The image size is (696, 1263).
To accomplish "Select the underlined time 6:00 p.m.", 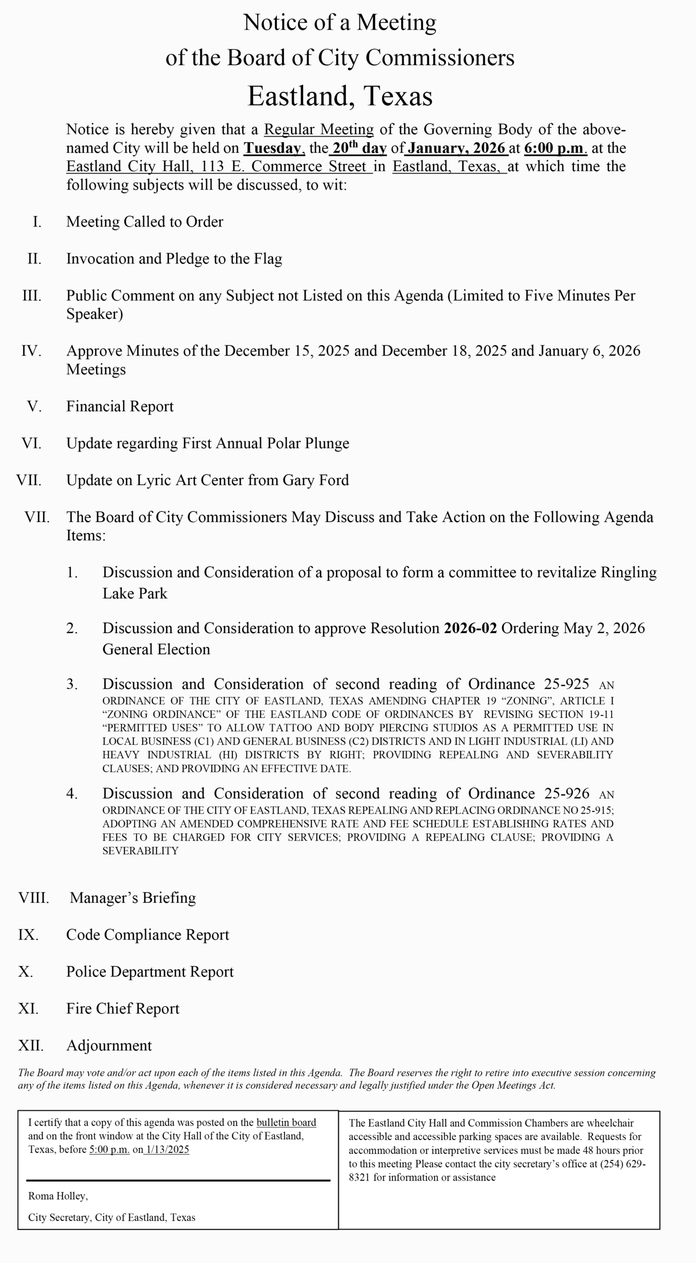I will pos(555,148).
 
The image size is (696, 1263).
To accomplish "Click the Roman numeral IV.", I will pos(31,351).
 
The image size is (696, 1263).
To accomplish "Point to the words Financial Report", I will pos(120,407).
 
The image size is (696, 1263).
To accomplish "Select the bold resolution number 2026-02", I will pos(470,628).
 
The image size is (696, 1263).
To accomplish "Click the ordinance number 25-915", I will pos(594,810).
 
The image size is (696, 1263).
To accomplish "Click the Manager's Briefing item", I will pos(132,898).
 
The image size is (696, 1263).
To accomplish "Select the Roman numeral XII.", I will pos(31,1045).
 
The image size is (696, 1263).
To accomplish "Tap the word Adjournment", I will pos(109,1045).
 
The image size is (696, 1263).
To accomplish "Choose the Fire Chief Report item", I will pos(123,1008).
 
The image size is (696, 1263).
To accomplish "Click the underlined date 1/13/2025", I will pos(167,1150).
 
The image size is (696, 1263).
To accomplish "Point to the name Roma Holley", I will pos(57,1196).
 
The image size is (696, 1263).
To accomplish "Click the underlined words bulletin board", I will pos(286,1122).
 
